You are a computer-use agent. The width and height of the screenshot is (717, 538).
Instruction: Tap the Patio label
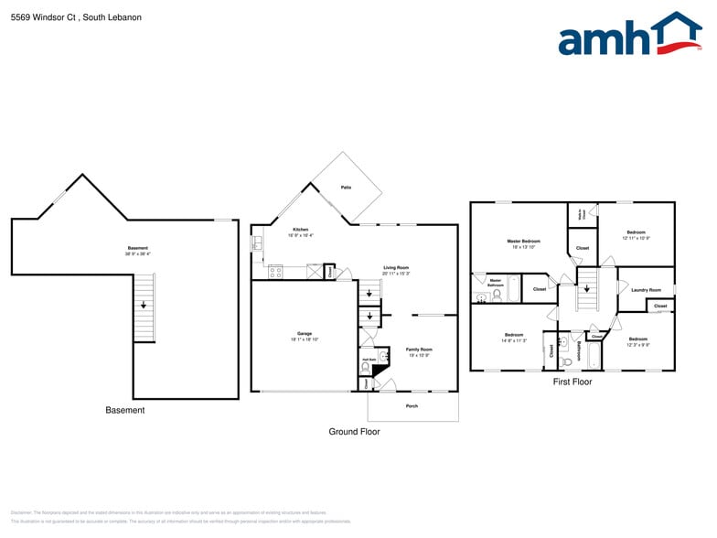click(347, 187)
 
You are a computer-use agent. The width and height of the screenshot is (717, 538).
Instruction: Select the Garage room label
click(305, 335)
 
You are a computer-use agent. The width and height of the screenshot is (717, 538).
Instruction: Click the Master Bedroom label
click(523, 241)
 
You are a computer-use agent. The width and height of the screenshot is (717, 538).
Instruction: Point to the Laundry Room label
click(646, 290)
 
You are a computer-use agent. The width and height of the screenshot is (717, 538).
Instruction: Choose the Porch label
click(412, 405)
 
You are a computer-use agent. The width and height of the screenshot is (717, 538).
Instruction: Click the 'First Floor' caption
click(573, 382)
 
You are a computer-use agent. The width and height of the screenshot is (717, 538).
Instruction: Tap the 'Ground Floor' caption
click(354, 431)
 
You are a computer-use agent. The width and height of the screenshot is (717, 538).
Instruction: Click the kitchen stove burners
click(275, 272)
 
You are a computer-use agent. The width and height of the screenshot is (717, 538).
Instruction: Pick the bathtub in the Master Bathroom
click(513, 289)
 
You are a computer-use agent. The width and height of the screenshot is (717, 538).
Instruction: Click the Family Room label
click(419, 350)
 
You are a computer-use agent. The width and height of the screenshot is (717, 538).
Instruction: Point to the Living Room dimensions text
click(396, 274)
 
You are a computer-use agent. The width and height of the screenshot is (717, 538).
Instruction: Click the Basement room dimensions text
click(137, 254)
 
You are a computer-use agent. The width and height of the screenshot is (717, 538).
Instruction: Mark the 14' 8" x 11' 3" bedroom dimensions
click(514, 340)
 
